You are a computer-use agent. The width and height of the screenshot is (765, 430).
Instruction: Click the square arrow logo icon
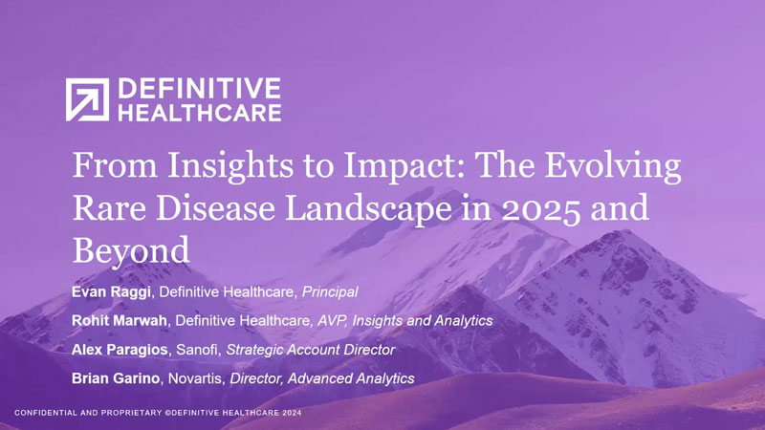pos(87,100)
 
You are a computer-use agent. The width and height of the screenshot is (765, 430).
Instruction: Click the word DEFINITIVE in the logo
pos(199,90)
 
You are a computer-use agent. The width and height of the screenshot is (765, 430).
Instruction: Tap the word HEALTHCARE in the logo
pos(199,113)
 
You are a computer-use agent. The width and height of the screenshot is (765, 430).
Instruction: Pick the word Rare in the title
pos(109,206)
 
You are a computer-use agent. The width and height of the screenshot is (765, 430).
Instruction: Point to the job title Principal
pos(328,290)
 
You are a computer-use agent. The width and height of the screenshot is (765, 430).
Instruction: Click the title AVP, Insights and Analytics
pos(404,320)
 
